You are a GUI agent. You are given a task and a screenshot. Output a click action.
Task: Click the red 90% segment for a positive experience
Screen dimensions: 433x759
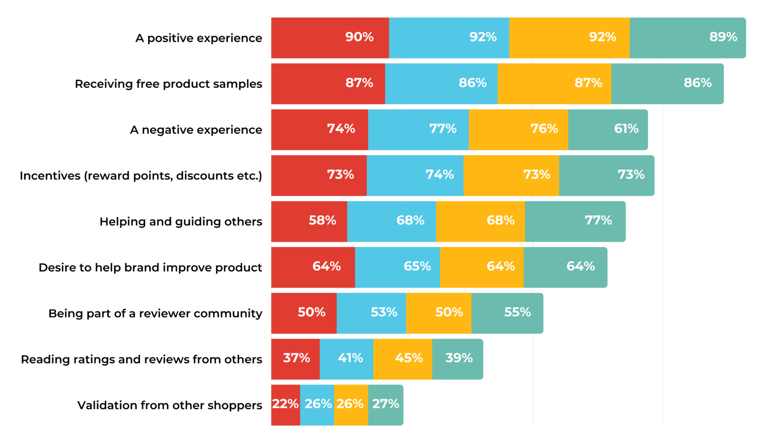coord(330,38)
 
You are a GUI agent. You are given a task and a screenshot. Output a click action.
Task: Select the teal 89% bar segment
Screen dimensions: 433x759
coord(687,38)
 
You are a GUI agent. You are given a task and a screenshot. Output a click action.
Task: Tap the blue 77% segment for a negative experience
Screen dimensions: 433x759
coord(418,130)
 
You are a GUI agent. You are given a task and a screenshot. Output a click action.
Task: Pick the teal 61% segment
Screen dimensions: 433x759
coord(607,130)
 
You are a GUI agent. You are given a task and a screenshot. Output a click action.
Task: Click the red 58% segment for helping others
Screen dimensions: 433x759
coord(309,221)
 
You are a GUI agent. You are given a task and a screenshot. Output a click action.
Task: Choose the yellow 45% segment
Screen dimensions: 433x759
coord(402,359)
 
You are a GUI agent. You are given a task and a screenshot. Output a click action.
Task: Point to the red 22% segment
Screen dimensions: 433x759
coord(285,405)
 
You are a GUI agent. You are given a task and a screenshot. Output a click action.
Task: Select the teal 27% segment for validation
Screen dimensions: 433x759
coord(385,405)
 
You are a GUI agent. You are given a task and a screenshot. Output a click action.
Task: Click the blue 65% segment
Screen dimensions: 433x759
coord(397,267)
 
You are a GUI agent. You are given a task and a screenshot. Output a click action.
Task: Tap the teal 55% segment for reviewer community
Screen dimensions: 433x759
coord(507,313)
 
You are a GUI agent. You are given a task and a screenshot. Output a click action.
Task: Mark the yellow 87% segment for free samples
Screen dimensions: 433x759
coord(554,84)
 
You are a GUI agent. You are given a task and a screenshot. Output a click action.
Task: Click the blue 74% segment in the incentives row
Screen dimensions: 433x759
coord(415,175)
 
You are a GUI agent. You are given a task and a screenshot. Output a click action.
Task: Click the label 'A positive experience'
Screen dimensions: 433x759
coord(199,38)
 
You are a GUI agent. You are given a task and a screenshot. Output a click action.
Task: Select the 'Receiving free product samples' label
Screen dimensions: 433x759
coord(169,84)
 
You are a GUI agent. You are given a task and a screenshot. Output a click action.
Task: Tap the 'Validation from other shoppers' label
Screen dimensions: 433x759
coord(169,405)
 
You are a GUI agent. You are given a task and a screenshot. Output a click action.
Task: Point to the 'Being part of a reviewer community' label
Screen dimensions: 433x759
coord(155,313)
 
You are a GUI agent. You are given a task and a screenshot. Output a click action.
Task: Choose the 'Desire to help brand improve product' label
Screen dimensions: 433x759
coord(150,267)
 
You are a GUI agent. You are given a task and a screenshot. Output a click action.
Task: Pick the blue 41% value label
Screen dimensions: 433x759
coord(350,358)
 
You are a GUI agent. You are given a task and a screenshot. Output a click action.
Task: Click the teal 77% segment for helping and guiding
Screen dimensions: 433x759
coord(575,221)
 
